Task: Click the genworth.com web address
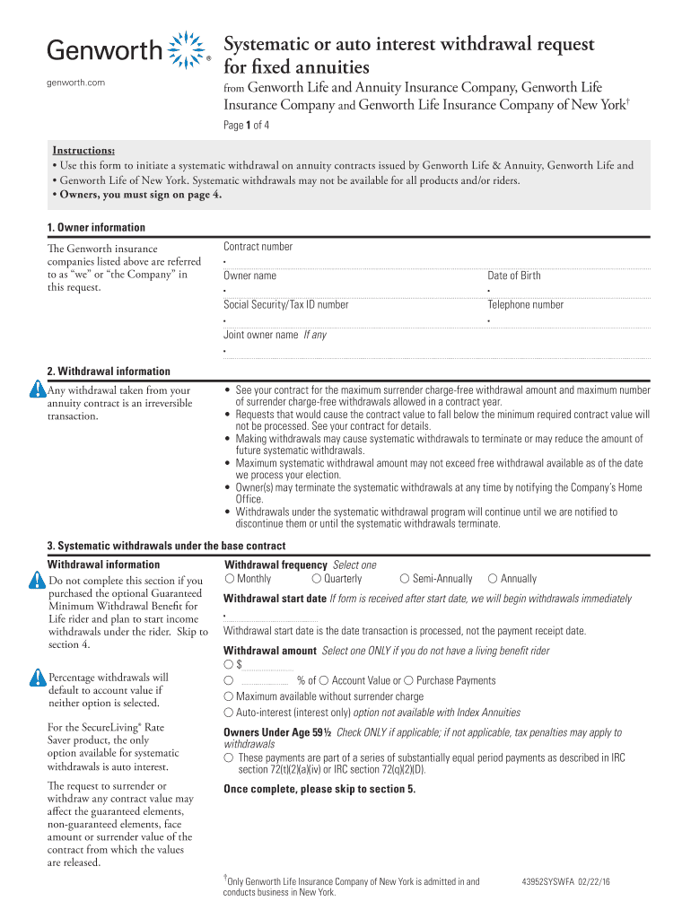click(x=76, y=83)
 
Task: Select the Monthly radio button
click(x=230, y=579)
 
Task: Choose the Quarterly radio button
click(x=317, y=579)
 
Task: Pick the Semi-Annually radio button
click(x=405, y=579)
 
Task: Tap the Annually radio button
click(x=493, y=579)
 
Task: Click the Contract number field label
click(x=258, y=247)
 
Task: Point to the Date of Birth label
click(x=513, y=276)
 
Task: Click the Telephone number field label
click(x=525, y=304)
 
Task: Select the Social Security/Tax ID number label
click(x=285, y=304)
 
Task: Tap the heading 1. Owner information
click(x=96, y=228)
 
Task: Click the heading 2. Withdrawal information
click(x=109, y=372)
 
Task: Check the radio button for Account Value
click(x=324, y=681)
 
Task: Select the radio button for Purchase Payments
click(x=409, y=681)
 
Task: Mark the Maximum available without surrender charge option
click(x=229, y=696)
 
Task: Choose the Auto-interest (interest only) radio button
click(x=229, y=712)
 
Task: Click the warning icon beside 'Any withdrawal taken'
click(x=36, y=389)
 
